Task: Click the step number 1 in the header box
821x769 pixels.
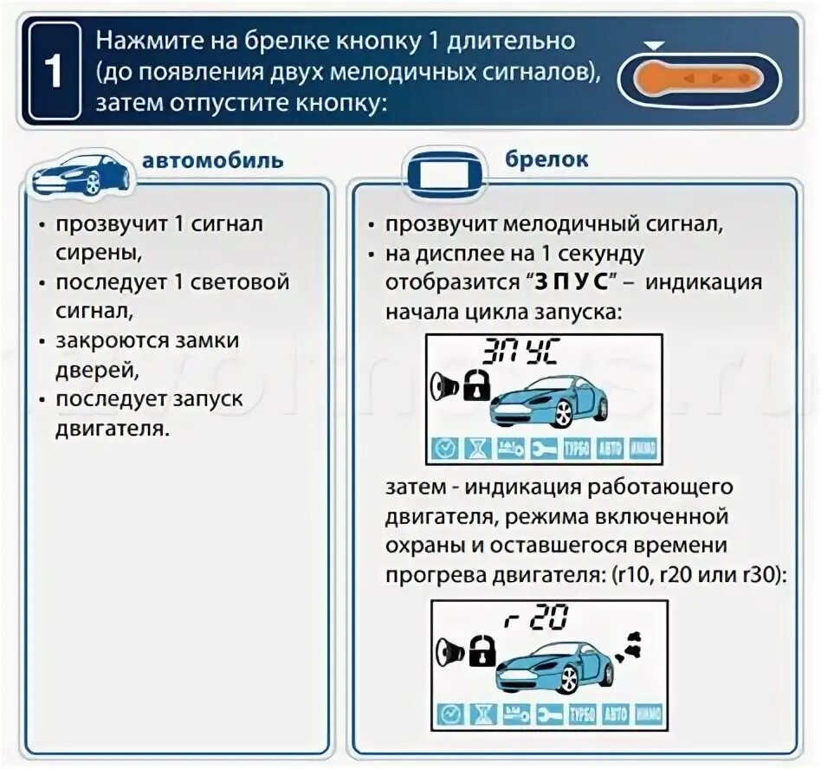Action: (54, 72)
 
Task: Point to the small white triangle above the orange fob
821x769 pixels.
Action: (656, 44)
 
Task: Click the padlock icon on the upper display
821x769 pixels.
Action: (475, 384)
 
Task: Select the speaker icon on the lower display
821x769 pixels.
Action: (448, 649)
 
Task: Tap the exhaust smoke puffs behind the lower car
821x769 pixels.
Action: (630, 643)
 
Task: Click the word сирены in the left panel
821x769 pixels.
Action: (96, 253)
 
